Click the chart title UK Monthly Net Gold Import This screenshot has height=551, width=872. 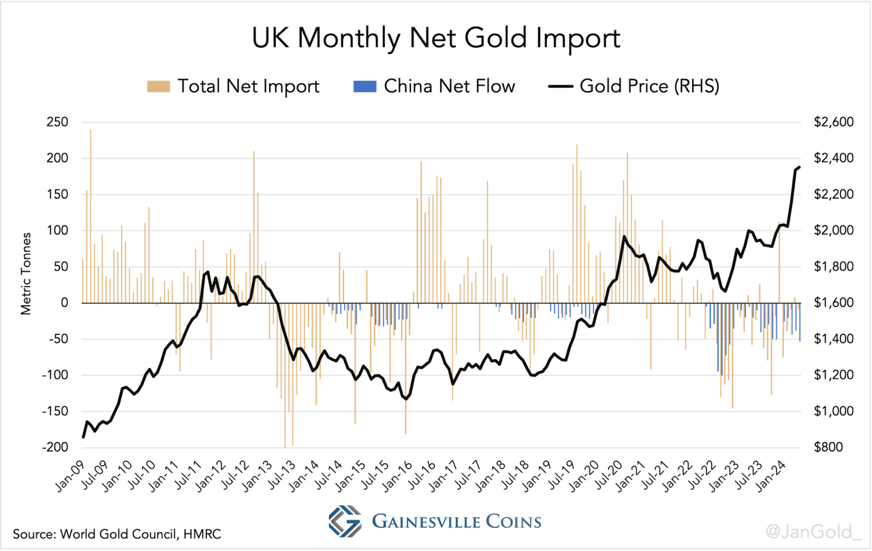pyautogui.click(x=436, y=38)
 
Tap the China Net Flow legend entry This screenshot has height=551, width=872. pyautogui.click(x=434, y=86)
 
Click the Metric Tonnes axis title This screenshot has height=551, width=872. pyautogui.click(x=26, y=273)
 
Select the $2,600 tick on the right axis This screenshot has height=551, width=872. pyautogui.click(x=833, y=123)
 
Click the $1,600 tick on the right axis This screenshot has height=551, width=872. pyautogui.click(x=833, y=303)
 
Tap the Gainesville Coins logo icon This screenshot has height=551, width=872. pyautogui.click(x=345, y=522)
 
